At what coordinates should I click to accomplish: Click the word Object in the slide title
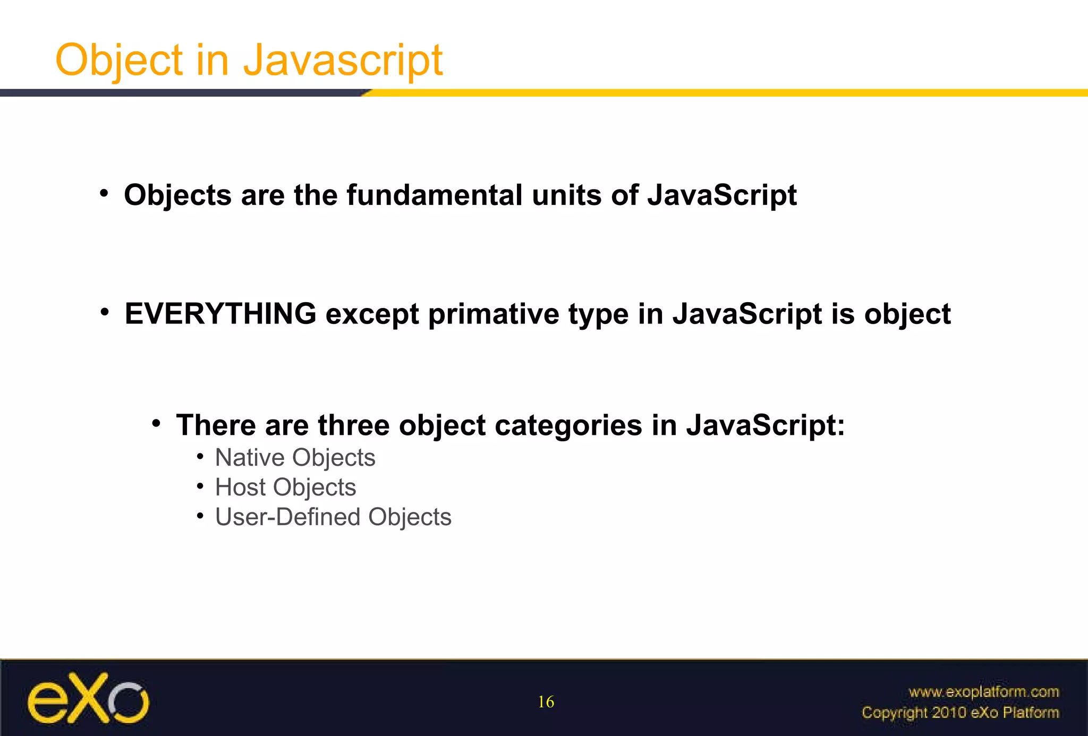click(x=119, y=61)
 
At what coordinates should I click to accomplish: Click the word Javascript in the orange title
click(x=343, y=61)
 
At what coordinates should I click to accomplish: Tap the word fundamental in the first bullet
click(x=434, y=195)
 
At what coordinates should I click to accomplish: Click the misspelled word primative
click(x=494, y=314)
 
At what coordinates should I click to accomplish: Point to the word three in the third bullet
click(x=353, y=425)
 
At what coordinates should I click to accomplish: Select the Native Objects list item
click(x=295, y=458)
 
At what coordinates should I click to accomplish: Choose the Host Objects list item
click(x=285, y=487)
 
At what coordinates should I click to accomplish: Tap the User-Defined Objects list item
click(x=333, y=517)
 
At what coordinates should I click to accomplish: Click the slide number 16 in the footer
click(x=546, y=702)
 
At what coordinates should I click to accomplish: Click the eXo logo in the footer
click(x=88, y=698)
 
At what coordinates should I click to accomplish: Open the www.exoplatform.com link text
click(x=983, y=692)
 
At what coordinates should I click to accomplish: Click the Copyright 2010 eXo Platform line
click(x=960, y=713)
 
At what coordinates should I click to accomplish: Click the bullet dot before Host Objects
click(x=200, y=486)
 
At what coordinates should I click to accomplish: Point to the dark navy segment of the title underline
click(x=181, y=93)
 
